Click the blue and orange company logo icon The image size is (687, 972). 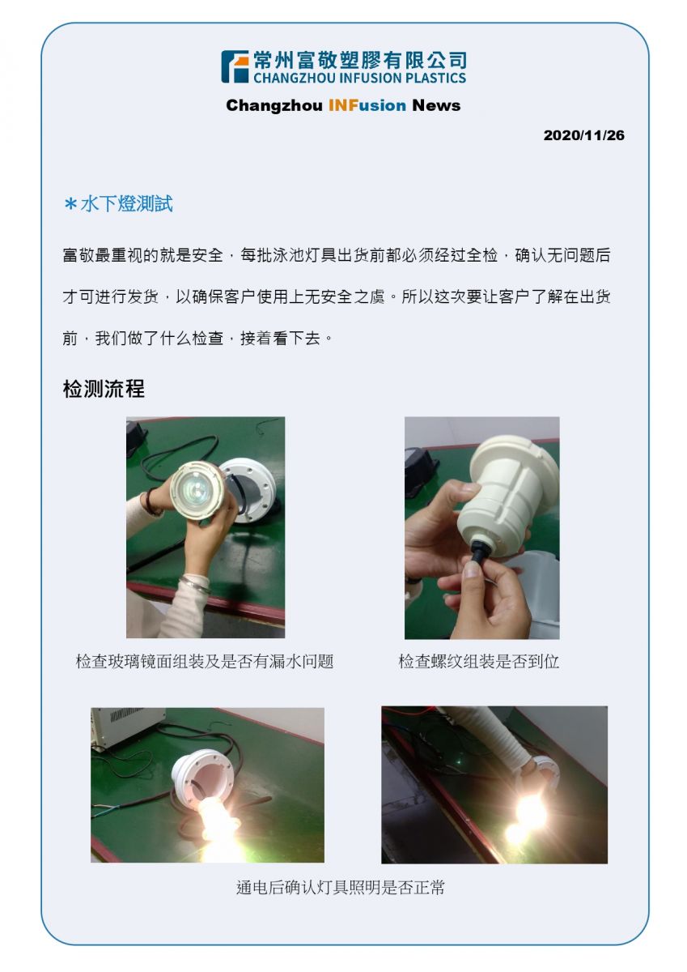[x=235, y=66]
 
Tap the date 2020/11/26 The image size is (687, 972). [x=583, y=135]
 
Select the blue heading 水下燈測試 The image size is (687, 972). [x=126, y=204]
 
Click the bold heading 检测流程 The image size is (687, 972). [x=104, y=388]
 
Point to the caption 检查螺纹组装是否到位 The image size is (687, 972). [x=478, y=661]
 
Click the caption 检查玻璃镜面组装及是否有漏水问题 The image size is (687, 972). [x=205, y=661]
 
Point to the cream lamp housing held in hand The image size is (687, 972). [x=507, y=497]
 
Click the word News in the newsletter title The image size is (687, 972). [x=436, y=105]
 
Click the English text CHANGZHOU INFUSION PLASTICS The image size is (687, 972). [x=359, y=78]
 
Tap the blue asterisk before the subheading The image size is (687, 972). [x=70, y=203]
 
